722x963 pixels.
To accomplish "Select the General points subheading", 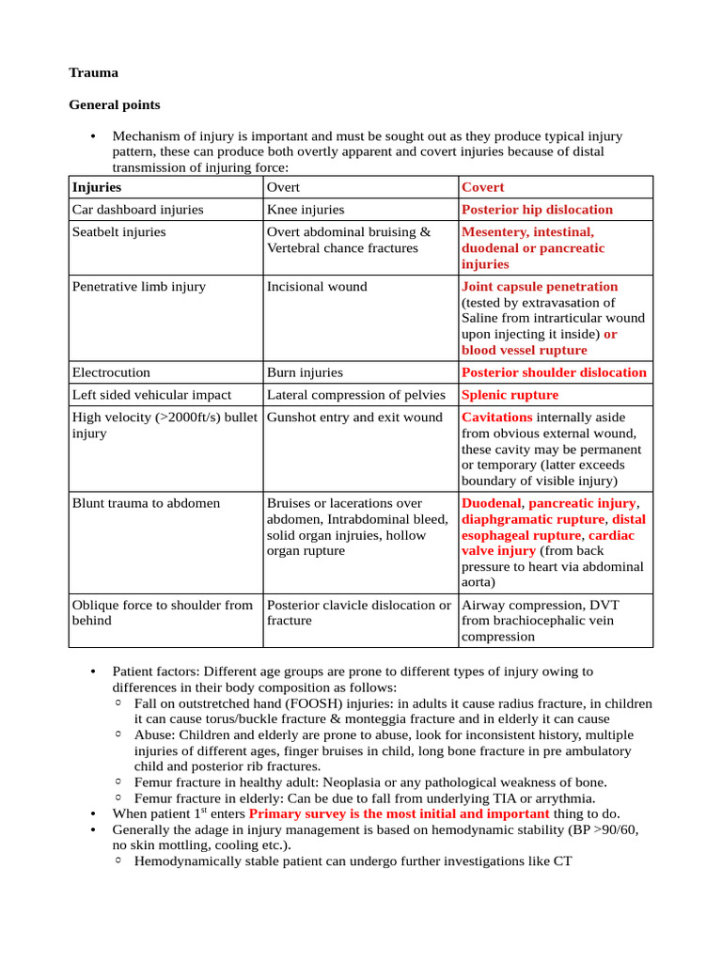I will point(115,104).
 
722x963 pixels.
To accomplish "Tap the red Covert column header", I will point(482,187).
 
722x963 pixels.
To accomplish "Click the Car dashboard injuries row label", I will point(137,210).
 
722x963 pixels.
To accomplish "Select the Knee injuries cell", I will point(306,210).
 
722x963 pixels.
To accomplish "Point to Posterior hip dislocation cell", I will point(537,210).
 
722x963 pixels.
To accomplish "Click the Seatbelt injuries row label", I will point(118,231).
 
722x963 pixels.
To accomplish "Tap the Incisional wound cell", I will point(317,286).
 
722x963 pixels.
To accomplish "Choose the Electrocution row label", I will point(111,372).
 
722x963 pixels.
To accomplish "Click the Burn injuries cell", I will point(305,372).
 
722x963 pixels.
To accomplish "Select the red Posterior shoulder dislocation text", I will point(554,372).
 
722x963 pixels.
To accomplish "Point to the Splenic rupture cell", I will point(510,395).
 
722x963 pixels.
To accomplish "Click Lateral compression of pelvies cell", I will point(353,395).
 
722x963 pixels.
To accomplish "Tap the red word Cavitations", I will point(496,417).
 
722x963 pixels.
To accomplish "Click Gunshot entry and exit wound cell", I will point(354,417).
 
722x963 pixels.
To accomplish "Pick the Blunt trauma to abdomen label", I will point(146,503).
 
